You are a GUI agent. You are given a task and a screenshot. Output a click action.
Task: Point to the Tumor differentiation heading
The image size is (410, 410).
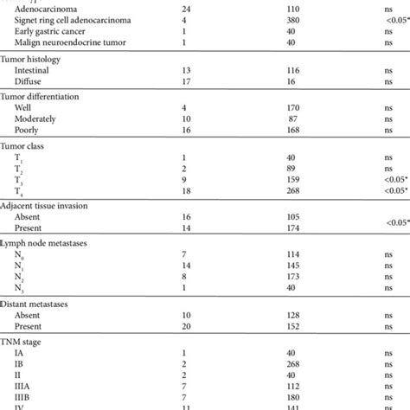coord(48,96)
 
